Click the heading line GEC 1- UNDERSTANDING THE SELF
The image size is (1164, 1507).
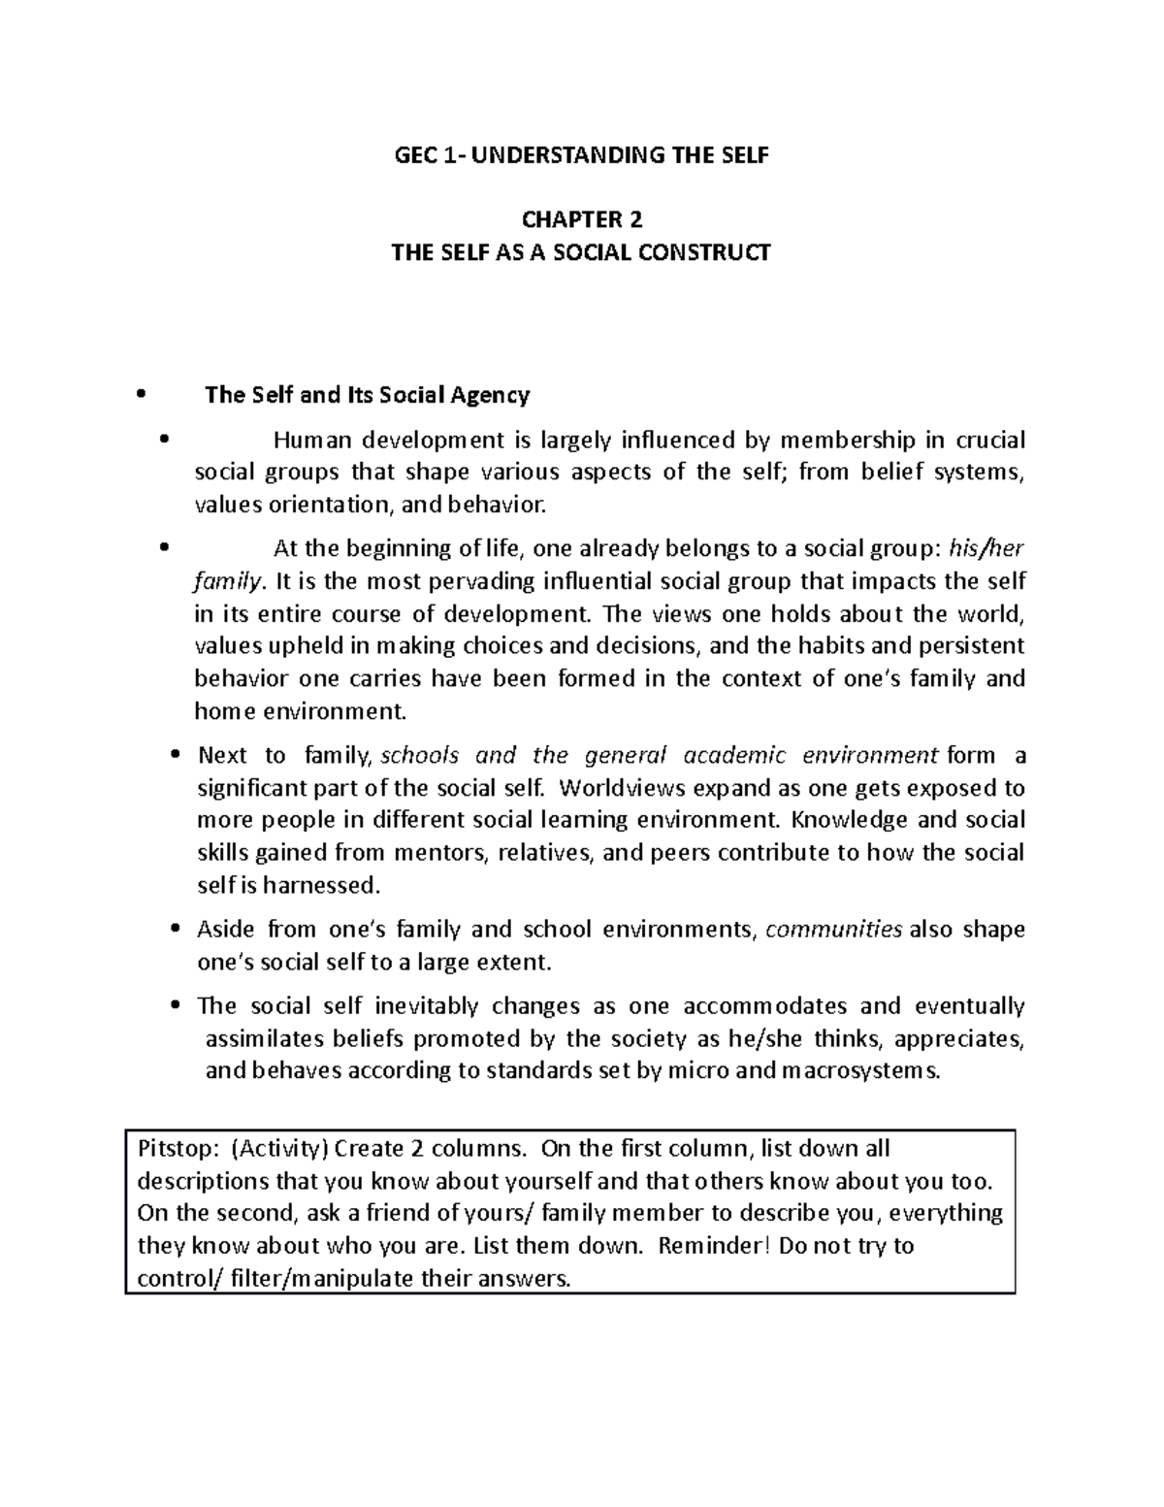click(x=580, y=155)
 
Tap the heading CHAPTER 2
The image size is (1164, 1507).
click(x=580, y=219)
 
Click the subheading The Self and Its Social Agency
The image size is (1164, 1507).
click(x=368, y=395)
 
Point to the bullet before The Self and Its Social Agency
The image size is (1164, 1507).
click(x=142, y=395)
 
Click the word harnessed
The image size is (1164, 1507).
click(x=328, y=886)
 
